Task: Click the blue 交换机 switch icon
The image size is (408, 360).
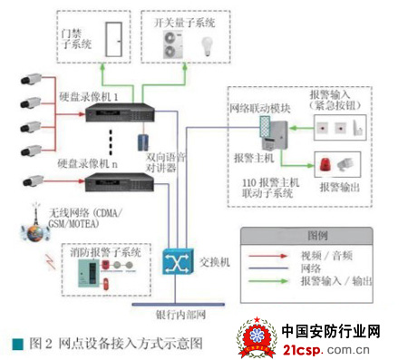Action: click(x=176, y=262)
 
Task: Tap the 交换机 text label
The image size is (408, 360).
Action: click(x=217, y=259)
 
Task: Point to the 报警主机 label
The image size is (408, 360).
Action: click(x=251, y=157)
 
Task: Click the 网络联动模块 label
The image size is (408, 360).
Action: click(x=258, y=108)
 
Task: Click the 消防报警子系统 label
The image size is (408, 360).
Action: click(x=105, y=253)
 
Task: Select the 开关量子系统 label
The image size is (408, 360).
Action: click(x=184, y=22)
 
